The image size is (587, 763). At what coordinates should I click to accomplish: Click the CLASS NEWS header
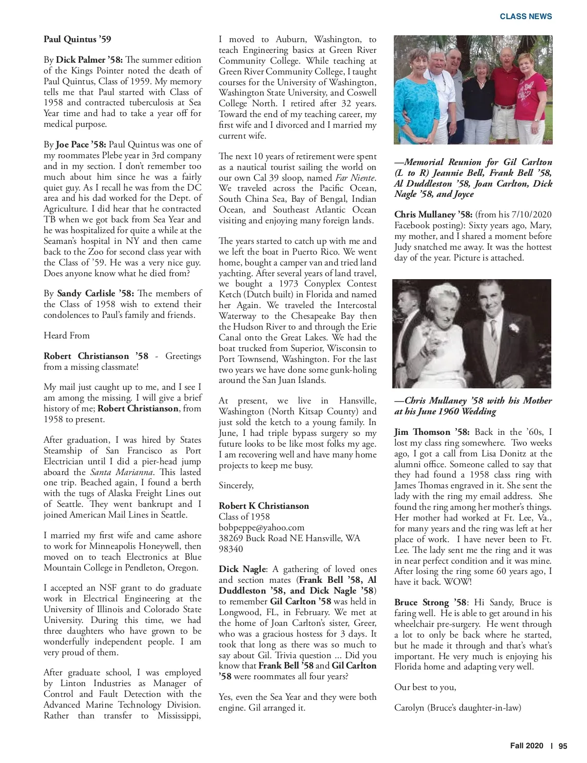point(525,16)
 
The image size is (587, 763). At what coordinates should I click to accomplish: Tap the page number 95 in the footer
point(563,746)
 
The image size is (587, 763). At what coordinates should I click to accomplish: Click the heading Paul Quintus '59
point(77,39)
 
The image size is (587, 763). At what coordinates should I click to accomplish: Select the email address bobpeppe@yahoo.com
point(261,527)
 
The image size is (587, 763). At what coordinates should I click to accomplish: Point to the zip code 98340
point(231,549)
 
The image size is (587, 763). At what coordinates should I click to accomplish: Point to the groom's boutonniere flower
point(514,329)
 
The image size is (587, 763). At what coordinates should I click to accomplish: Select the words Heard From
point(67,335)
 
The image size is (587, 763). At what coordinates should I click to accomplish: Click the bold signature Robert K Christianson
point(264,506)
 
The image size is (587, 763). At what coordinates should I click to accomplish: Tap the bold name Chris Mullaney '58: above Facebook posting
point(433,215)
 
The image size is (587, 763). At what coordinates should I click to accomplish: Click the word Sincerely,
point(236,485)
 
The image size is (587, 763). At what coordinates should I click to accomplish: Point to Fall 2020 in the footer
point(526,746)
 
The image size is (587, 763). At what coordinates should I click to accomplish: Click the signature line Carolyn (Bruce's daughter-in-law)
point(458,708)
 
